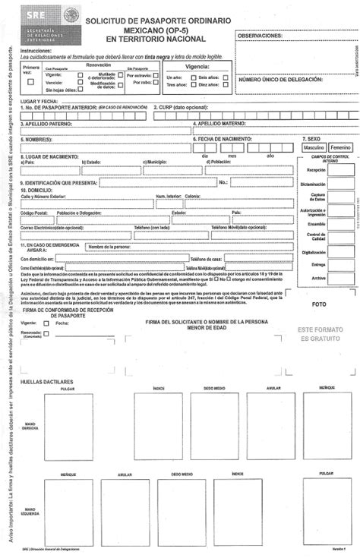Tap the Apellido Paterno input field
(106, 131)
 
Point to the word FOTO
(319, 304)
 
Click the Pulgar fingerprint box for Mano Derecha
(68, 427)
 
